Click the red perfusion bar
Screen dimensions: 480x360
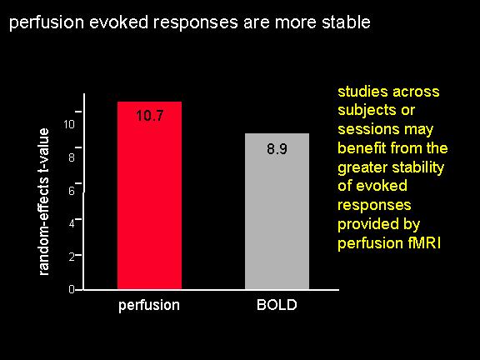[x=149, y=195]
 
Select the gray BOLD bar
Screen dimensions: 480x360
[x=277, y=211]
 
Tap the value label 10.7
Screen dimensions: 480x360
[x=150, y=116]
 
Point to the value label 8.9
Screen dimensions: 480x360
[x=277, y=149]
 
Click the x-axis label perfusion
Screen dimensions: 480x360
[x=149, y=306]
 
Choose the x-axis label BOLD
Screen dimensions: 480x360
[x=277, y=305]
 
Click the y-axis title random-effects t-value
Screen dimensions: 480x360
[x=43, y=202]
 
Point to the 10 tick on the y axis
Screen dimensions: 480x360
[x=69, y=124]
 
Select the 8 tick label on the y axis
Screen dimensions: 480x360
[x=72, y=157]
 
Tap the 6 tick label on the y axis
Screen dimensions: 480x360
[x=72, y=191]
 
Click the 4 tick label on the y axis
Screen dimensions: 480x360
[x=72, y=223]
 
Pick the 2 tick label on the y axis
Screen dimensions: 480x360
[x=72, y=257]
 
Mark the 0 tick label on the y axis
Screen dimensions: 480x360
[x=72, y=289]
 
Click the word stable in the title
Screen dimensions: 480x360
[x=346, y=22]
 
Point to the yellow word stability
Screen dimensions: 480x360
[x=417, y=168]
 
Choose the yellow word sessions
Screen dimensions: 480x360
[x=368, y=129]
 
